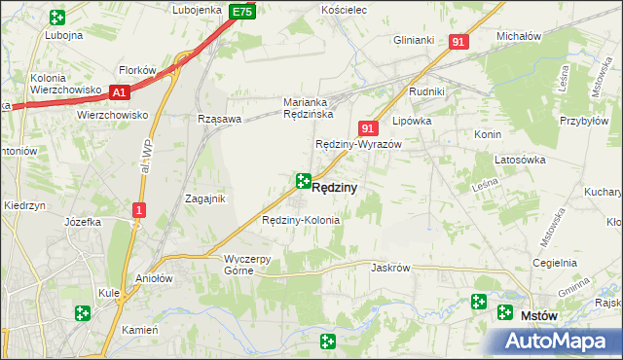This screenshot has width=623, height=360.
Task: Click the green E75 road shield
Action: [x=242, y=12]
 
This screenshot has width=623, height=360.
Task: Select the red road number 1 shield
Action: [x=140, y=210]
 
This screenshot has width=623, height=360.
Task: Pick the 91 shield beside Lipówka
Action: [x=367, y=128]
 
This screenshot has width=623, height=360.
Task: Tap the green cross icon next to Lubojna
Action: [x=56, y=17]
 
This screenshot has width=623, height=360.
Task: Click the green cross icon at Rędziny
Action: [x=303, y=181]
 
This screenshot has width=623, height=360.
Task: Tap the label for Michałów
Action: [x=518, y=35]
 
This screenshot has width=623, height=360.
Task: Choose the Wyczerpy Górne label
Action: [x=253, y=265]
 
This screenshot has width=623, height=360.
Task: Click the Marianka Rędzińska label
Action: [x=310, y=107]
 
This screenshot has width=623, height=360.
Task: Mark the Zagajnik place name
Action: [x=205, y=198]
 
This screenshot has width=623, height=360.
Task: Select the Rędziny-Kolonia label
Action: [x=301, y=220]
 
